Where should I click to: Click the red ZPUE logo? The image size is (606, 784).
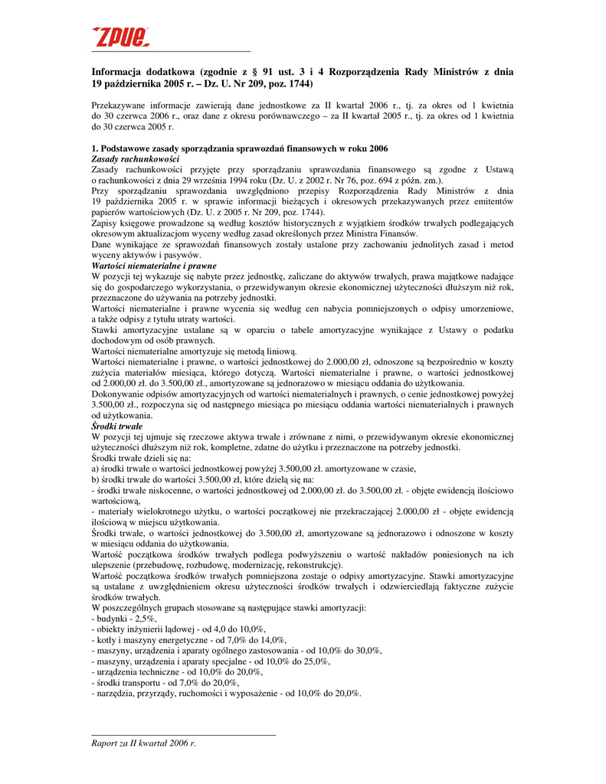click(x=120, y=36)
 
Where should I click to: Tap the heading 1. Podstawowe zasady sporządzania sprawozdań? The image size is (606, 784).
click(x=239, y=148)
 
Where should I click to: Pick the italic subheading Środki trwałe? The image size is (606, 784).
click(x=116, y=426)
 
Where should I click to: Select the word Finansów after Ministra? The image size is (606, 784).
click(x=398, y=233)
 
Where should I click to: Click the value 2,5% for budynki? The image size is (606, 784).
click(x=144, y=618)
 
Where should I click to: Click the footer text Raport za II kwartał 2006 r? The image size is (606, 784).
click(x=143, y=743)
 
